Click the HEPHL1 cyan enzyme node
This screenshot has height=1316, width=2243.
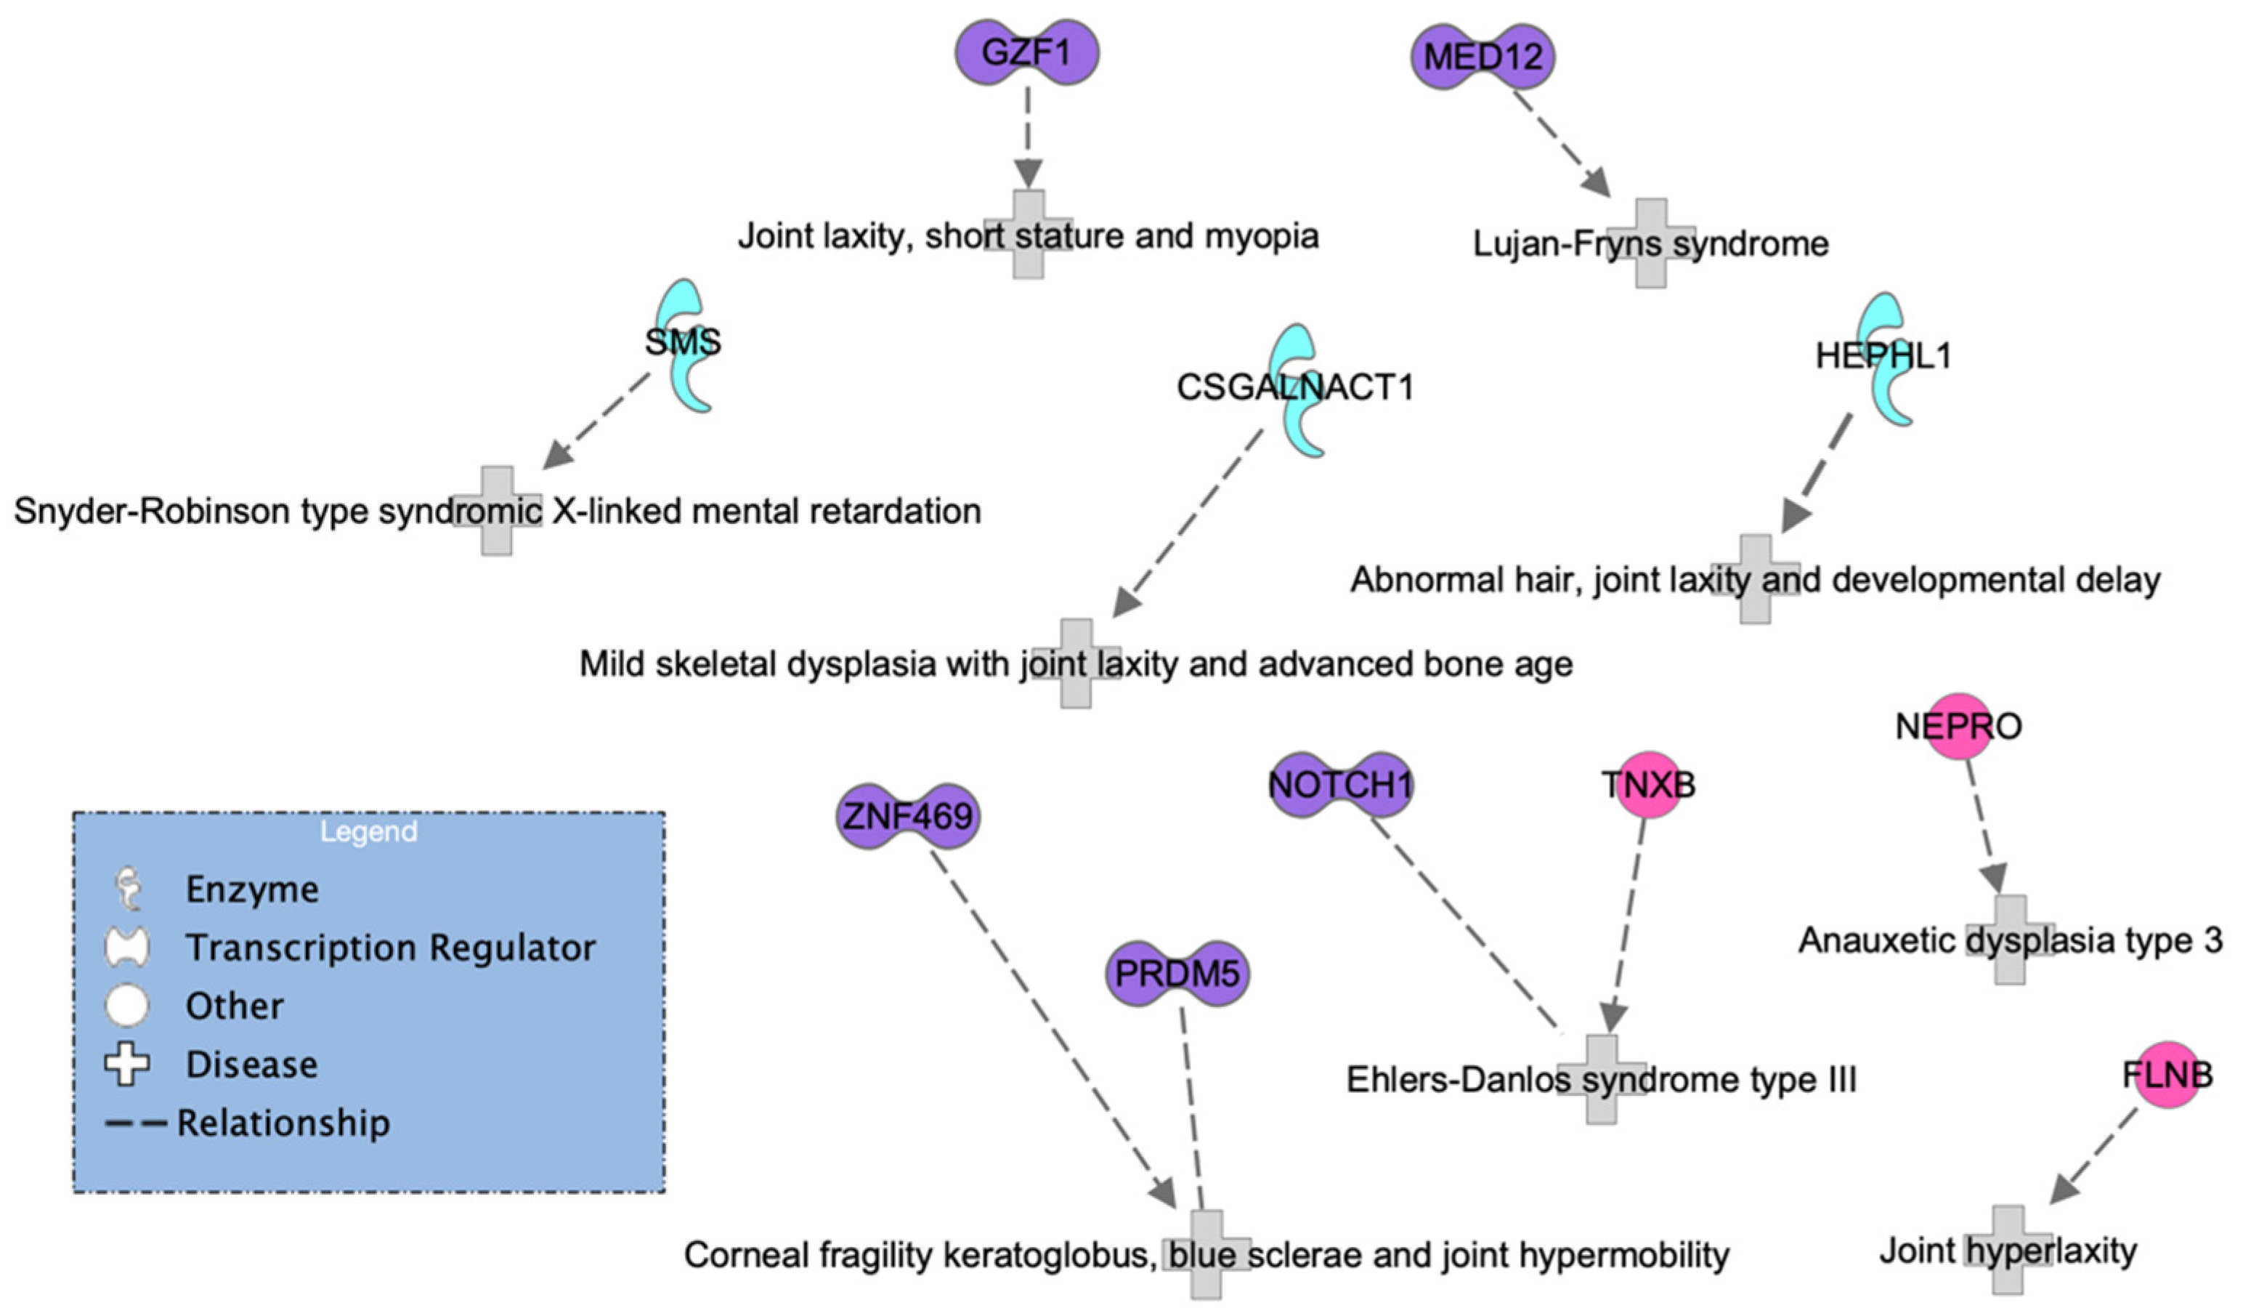pyautogui.click(x=1885, y=358)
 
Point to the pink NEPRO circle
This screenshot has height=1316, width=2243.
pyautogui.click(x=1958, y=727)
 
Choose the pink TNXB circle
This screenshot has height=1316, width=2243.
pyautogui.click(x=1648, y=784)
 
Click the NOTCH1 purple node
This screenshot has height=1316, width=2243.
pyautogui.click(x=1339, y=784)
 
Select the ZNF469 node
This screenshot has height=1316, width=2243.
pyautogui.click(x=907, y=815)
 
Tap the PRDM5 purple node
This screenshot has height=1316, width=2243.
pyautogui.click(x=1177, y=973)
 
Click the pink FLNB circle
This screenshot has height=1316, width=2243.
pyautogui.click(x=2167, y=1075)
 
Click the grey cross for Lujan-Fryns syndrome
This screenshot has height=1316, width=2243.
pyautogui.click(x=1651, y=243)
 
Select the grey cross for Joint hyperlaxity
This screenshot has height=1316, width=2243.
pyautogui.click(x=2008, y=1250)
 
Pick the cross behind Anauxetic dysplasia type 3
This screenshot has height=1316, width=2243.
pyautogui.click(x=2010, y=940)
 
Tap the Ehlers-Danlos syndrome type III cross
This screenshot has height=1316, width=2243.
pyautogui.click(x=1600, y=1079)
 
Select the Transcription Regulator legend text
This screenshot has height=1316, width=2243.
pyautogui.click(x=390, y=948)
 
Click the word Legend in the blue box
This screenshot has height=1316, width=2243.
pyautogui.click(x=368, y=831)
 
